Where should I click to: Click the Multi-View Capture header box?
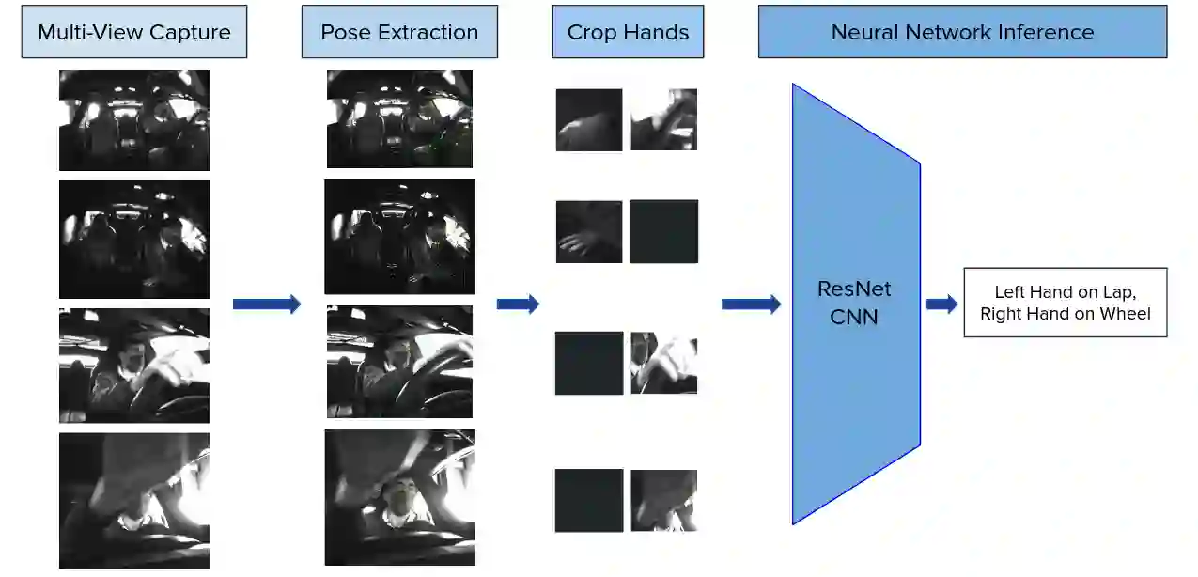(x=134, y=32)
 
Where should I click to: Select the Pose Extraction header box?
(x=399, y=32)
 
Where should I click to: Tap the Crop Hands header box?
(x=628, y=32)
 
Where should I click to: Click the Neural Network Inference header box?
(x=962, y=32)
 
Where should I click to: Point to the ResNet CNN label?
(x=854, y=303)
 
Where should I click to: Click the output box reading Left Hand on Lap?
(x=1065, y=303)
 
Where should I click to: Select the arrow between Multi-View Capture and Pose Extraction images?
(x=267, y=304)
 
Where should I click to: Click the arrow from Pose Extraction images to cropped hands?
(x=518, y=304)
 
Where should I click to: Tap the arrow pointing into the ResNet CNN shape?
(x=751, y=304)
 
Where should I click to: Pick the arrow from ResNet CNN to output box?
(x=941, y=304)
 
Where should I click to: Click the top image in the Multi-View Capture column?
(x=134, y=119)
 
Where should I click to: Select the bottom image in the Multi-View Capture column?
(x=134, y=500)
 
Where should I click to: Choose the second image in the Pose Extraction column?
(x=399, y=237)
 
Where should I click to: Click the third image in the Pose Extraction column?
(x=399, y=362)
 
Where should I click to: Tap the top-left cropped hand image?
(x=589, y=119)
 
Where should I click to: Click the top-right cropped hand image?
(x=664, y=119)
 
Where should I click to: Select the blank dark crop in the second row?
(x=664, y=231)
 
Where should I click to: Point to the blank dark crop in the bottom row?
(x=589, y=500)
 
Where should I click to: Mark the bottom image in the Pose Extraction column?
(x=399, y=497)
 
